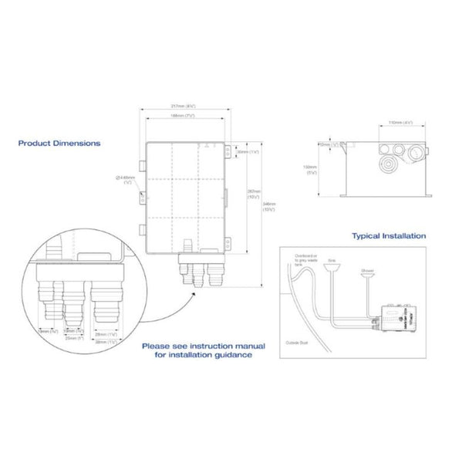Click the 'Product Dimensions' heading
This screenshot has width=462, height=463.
pyautogui.click(x=59, y=143)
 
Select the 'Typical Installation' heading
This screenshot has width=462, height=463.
pyautogui.click(x=389, y=235)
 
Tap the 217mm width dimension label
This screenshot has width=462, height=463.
pyautogui.click(x=183, y=107)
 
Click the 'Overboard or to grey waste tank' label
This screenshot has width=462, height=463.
pyautogui.click(x=304, y=259)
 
